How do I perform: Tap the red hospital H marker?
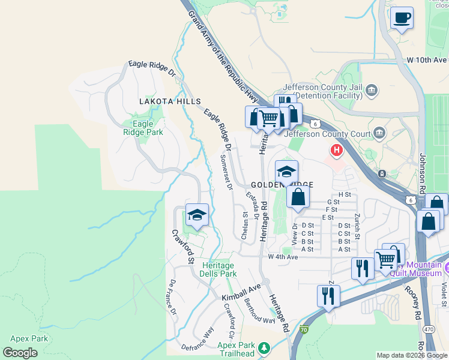[337, 149]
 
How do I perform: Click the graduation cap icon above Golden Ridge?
[286, 172]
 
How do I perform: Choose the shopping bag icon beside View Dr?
[298, 196]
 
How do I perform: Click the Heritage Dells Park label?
[219, 269]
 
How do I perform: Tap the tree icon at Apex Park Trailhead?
[263, 347]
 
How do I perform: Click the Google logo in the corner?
[20, 353]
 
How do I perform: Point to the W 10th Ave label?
[427, 60]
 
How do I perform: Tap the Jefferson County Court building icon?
[379, 132]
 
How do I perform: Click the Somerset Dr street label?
[226, 172]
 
